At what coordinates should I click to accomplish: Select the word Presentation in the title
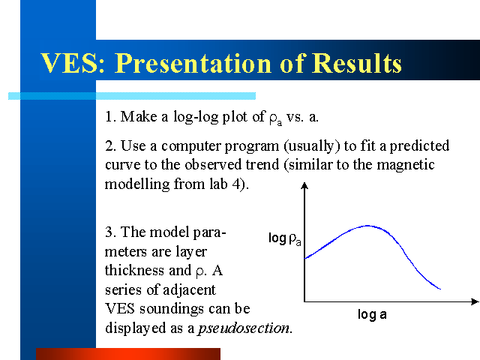tap(193, 63)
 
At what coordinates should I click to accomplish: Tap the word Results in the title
tap(357, 63)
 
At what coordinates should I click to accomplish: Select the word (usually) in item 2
tap(312, 146)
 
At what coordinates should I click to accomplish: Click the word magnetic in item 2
tap(405, 165)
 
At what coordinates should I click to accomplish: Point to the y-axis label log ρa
tap(285, 238)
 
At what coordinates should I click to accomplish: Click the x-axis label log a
tap(372, 315)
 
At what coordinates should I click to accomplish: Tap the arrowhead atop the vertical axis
tap(304, 185)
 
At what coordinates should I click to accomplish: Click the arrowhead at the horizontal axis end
tap(475, 301)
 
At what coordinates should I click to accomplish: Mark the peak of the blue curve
tap(367, 226)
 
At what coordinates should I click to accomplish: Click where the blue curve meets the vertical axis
tap(305, 259)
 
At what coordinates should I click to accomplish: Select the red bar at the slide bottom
tap(128, 354)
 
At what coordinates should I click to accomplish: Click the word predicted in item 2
tap(419, 146)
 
